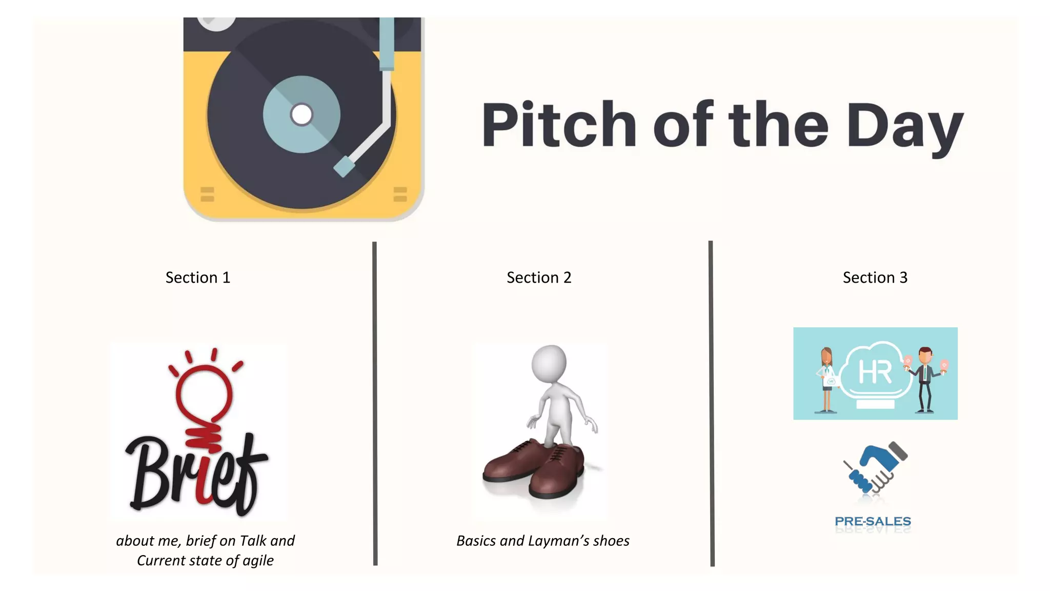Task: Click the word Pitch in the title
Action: click(x=559, y=125)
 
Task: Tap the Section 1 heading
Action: click(x=198, y=278)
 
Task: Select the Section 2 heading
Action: click(x=539, y=278)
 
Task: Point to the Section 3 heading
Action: click(x=875, y=278)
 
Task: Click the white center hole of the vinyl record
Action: click(x=301, y=114)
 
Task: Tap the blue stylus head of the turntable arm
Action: click(x=344, y=167)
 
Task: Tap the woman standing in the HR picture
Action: click(x=826, y=380)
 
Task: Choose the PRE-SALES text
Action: click(x=873, y=521)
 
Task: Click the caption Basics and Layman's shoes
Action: click(x=543, y=541)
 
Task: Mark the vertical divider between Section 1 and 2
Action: click(x=375, y=403)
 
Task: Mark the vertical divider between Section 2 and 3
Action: click(x=711, y=403)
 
